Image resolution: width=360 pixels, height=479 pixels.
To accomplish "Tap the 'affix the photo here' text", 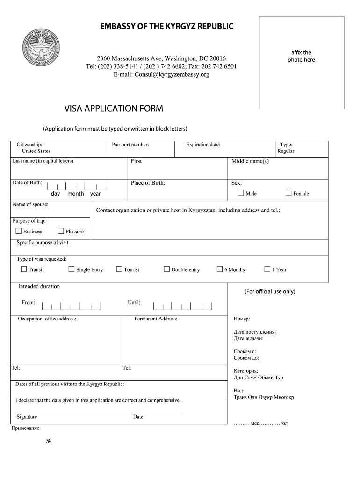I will (301, 56).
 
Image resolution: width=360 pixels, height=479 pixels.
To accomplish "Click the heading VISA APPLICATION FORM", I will (114, 109).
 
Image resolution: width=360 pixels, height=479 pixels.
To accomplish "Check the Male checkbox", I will (241, 193).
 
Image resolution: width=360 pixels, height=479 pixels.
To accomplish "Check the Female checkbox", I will (288, 193).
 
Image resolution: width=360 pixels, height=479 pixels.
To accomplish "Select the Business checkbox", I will (19, 231).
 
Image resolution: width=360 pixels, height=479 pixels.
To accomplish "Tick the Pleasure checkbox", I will (61, 231).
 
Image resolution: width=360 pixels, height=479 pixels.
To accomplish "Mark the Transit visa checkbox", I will (24, 269).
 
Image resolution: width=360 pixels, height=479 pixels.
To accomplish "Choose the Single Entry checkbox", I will (72, 269).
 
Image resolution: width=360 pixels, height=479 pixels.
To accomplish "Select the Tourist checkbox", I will (119, 269).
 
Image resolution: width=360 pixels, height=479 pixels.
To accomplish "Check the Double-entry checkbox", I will (166, 269).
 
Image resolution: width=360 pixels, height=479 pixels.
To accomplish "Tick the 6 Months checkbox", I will (220, 269).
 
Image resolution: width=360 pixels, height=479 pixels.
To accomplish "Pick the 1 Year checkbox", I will (267, 269).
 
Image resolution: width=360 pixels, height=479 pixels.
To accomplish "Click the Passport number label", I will (130, 145).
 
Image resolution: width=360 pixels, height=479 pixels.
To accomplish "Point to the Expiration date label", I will (203, 145).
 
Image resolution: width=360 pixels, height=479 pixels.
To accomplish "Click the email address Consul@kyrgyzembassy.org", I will (161, 74).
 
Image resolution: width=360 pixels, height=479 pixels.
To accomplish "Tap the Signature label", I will (27, 417).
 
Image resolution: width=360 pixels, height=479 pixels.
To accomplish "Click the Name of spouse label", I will (30, 204).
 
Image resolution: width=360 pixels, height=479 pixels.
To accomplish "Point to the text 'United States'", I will (36, 151).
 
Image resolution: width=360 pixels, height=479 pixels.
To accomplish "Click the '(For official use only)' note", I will (270, 291).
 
